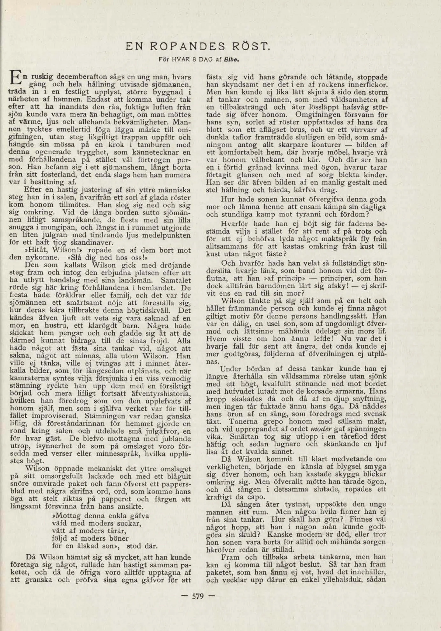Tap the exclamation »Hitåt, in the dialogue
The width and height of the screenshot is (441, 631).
tap(33, 250)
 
